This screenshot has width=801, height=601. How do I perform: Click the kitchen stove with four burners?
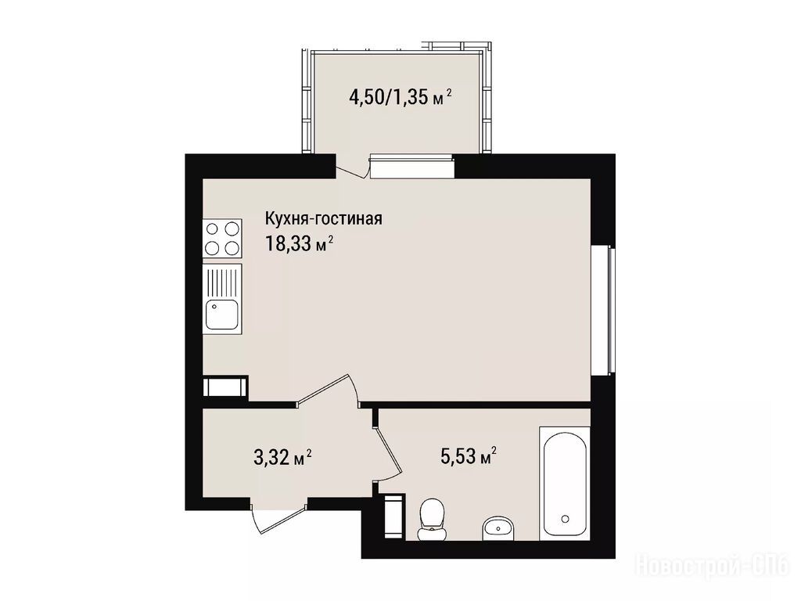coord(223,238)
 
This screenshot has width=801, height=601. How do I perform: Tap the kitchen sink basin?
coord(221,315)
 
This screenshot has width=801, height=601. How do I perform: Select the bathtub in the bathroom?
coord(565,484)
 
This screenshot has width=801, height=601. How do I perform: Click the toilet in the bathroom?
coord(432,518)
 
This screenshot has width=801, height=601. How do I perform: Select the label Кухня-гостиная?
coord(323,219)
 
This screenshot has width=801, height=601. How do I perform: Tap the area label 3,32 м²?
coord(282,456)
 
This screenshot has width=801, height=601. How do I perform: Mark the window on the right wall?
coord(604,311)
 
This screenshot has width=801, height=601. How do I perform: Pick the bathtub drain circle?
coord(565,519)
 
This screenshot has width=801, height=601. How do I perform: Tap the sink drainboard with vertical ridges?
coord(221,282)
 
